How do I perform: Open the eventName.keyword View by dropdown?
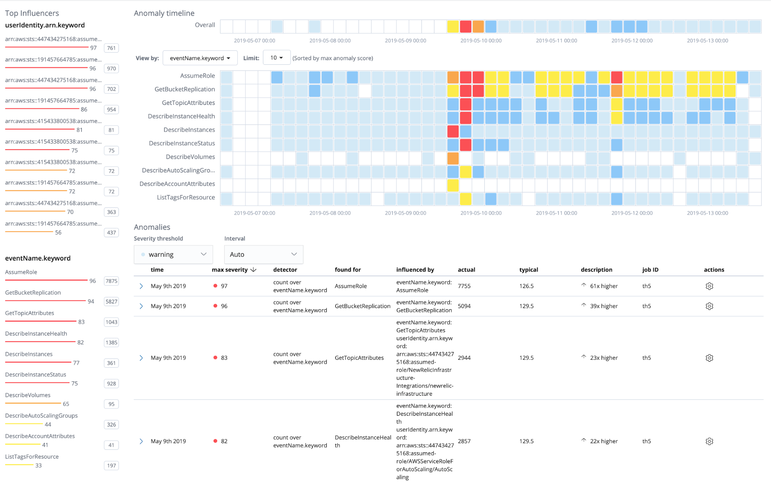tap(200, 58)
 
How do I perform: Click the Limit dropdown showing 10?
tap(276, 58)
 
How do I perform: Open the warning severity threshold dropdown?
tap(173, 254)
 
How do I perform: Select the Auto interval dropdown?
tap(263, 254)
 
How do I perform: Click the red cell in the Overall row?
tap(466, 27)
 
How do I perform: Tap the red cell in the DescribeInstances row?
tap(453, 131)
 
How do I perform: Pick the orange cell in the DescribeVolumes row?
tap(453, 158)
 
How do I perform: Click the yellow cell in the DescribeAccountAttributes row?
tap(453, 185)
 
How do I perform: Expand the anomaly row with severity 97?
tap(141, 286)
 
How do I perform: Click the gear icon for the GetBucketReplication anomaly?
tap(709, 306)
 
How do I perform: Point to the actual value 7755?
tap(464, 286)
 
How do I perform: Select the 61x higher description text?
tap(604, 286)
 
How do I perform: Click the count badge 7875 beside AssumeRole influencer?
tap(111, 281)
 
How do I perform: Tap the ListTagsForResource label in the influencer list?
tap(32, 457)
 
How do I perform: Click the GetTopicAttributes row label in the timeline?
tap(188, 103)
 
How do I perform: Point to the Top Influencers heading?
tap(32, 13)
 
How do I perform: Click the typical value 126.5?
tap(526, 286)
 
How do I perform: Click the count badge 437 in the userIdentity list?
tap(111, 233)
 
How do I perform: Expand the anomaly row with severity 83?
tap(141, 358)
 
